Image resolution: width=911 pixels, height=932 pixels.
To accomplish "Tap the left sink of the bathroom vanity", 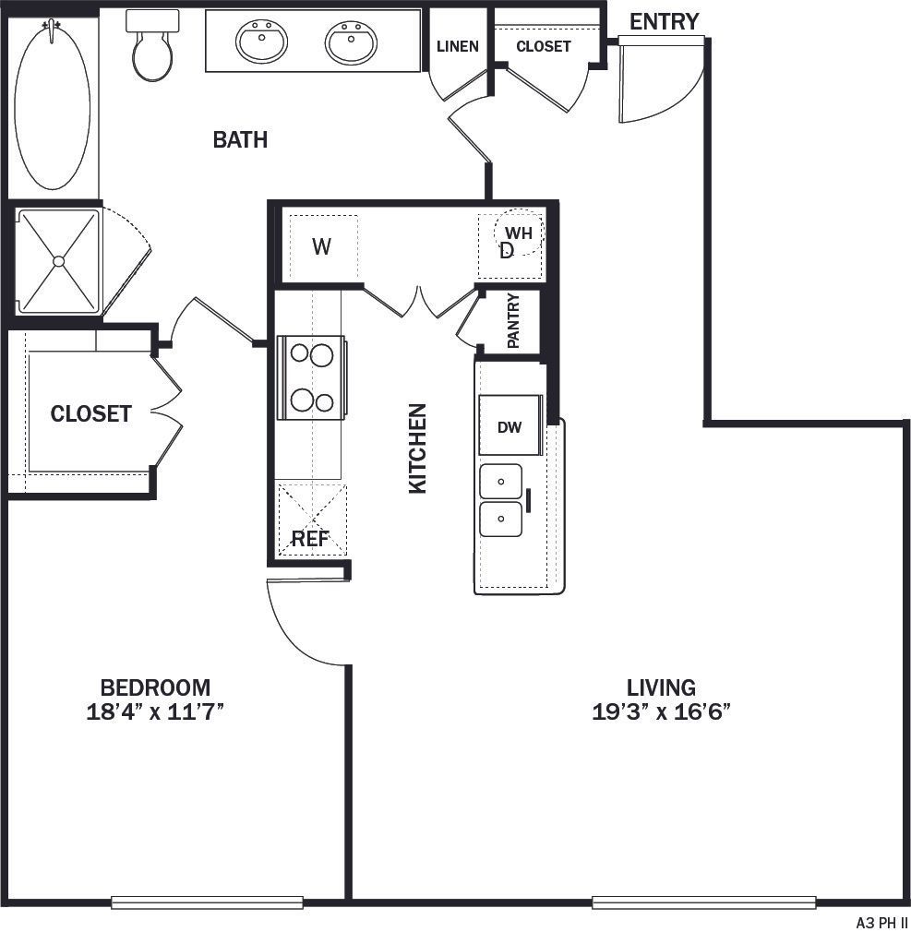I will [261, 42].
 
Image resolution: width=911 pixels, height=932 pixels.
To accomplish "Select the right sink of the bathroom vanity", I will [351, 42].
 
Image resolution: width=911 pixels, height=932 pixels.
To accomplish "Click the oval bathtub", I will [53, 106].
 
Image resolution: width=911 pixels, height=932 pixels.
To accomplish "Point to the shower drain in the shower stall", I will [58, 261].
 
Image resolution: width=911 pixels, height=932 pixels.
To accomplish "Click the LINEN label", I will [458, 46].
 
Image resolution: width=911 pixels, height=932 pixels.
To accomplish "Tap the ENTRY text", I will [664, 21].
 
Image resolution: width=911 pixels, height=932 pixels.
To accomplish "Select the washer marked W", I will [321, 246].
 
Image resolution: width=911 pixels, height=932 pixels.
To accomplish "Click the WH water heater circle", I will [519, 233].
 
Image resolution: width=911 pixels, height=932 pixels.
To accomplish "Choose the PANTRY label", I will [513, 320].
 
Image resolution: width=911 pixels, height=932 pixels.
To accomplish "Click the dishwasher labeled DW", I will [509, 426].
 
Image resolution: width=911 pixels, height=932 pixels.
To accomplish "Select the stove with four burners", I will [311, 377].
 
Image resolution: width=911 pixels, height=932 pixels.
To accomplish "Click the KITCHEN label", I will [418, 448].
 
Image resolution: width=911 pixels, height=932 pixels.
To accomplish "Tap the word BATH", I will [240, 140].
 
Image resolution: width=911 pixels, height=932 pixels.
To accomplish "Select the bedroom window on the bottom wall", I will [207, 902].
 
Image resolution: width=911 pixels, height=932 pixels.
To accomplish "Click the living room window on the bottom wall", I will [703, 902].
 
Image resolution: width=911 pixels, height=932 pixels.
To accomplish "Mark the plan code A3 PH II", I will [882, 922].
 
